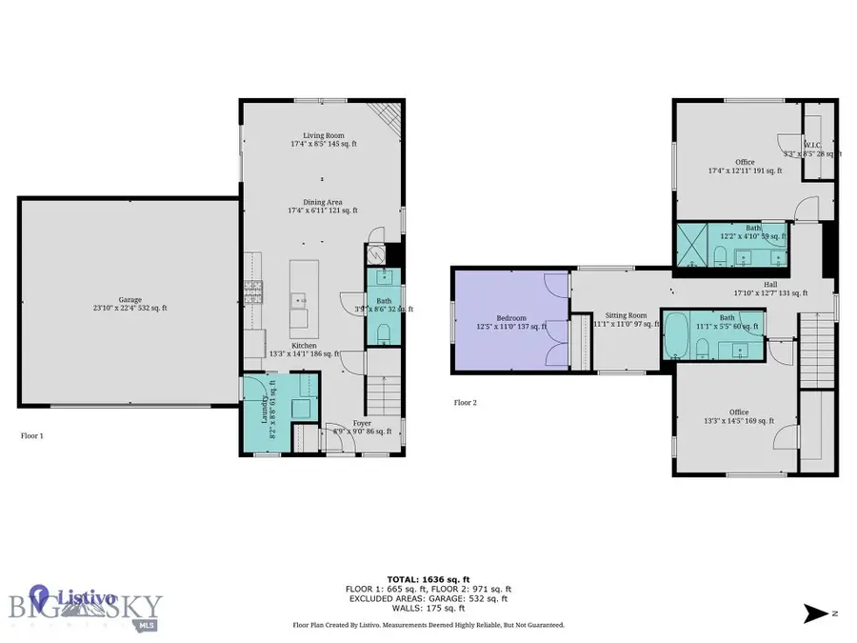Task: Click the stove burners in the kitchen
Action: point(253,291)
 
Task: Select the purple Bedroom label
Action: point(510,319)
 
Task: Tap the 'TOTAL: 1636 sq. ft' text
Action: point(428,578)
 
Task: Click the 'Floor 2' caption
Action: point(465,403)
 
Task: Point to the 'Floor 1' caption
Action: point(31,435)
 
